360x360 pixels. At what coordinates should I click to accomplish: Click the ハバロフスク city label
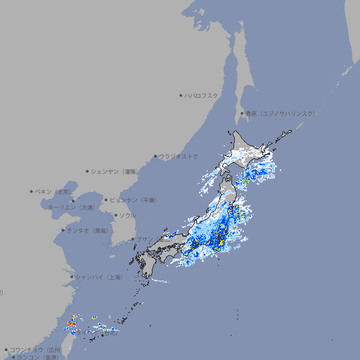tap(202, 95)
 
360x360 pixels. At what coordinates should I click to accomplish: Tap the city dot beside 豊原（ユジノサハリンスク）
tap(242, 113)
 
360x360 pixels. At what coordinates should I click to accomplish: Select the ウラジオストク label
tap(179, 156)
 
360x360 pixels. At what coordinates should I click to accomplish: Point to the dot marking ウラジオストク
tap(156, 156)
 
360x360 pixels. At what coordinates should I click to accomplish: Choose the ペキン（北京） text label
tap(54, 191)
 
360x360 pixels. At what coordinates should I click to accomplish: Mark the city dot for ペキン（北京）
tap(32, 191)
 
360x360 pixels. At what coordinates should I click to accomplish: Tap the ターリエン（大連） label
tap(71, 207)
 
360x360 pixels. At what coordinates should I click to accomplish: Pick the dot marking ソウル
tap(115, 215)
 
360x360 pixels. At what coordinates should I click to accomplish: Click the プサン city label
tap(143, 239)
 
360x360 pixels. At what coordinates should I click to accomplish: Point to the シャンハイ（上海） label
tap(98, 277)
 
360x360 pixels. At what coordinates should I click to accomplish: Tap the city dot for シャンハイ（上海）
tap(72, 277)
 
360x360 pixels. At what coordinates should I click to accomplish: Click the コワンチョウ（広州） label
tap(36, 349)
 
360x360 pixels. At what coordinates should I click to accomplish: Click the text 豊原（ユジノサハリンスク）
tap(281, 113)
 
